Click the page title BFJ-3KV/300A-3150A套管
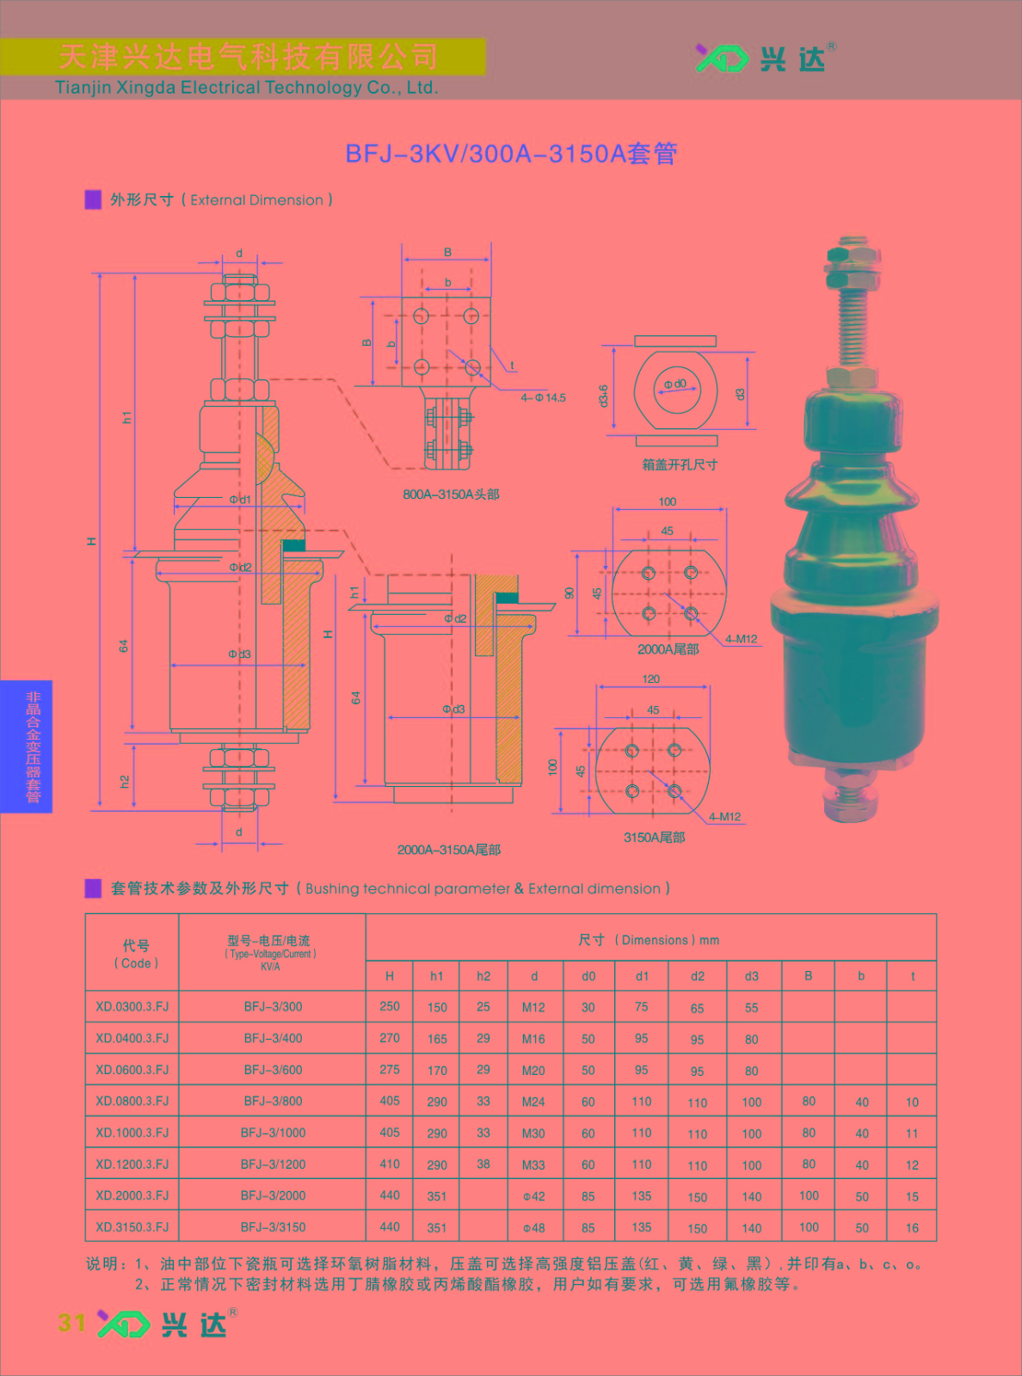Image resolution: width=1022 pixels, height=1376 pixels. click(x=511, y=154)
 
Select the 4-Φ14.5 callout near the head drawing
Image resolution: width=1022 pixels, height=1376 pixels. click(x=543, y=397)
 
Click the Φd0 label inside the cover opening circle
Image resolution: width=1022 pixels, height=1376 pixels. click(x=675, y=384)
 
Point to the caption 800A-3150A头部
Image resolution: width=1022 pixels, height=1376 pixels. click(x=451, y=494)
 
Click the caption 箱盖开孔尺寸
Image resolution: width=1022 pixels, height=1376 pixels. click(x=680, y=464)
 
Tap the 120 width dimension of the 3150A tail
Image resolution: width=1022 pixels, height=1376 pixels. click(x=651, y=679)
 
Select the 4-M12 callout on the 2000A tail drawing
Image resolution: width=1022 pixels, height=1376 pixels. click(x=741, y=638)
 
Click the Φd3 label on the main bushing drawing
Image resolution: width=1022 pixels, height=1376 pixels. click(x=239, y=654)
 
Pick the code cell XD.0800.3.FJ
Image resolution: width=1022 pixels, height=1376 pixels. click(x=132, y=1101)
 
